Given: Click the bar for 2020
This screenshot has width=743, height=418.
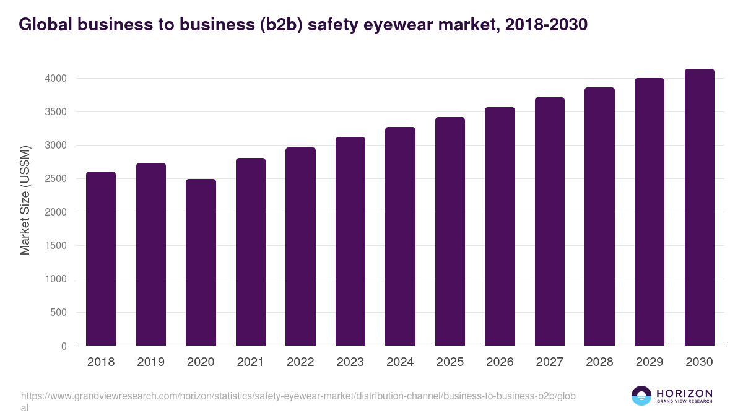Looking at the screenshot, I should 201,263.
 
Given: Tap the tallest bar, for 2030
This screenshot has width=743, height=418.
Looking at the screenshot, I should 699,207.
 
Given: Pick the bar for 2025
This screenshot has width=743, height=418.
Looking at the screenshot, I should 450,232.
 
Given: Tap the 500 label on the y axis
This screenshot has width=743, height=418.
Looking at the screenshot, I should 58,313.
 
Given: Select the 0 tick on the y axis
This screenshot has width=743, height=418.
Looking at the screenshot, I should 64,346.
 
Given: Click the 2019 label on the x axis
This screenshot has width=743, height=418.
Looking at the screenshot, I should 150,362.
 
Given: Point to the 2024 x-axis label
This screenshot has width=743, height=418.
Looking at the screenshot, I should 400,362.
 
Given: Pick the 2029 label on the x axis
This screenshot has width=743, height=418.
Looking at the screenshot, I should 650,362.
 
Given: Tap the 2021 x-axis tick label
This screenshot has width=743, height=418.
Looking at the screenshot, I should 250,362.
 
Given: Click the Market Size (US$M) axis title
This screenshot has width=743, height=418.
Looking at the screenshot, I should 25,200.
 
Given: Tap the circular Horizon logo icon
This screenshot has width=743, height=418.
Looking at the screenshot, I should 641,396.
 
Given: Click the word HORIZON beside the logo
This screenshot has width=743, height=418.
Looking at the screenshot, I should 684,393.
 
